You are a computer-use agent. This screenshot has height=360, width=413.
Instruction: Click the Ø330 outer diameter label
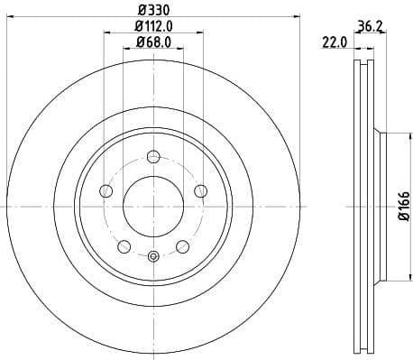152,10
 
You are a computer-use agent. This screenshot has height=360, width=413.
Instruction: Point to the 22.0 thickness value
336,42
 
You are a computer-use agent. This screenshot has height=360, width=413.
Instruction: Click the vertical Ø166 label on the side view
403,206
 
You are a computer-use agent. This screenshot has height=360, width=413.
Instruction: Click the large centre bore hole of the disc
152,206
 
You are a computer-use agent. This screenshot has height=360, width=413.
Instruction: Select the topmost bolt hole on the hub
152,155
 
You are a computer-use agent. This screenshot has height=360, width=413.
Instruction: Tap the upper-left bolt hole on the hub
106,189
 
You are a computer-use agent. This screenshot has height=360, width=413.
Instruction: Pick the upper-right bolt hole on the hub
200,189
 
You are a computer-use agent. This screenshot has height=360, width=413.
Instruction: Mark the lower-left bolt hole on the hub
124,246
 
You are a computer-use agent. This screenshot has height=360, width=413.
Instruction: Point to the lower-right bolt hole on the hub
182,246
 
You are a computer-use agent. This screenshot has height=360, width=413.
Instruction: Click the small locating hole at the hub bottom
152,257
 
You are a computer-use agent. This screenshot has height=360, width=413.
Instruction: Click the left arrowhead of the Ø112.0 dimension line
106,34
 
